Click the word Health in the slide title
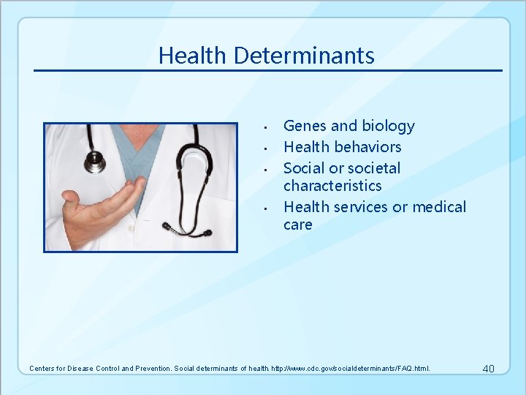pyautogui.click(x=187, y=56)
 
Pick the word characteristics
pyautogui.click(x=332, y=186)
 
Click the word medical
pyautogui.click(x=439, y=207)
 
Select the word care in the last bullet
pyautogui.click(x=297, y=225)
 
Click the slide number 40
pyautogui.click(x=489, y=368)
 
